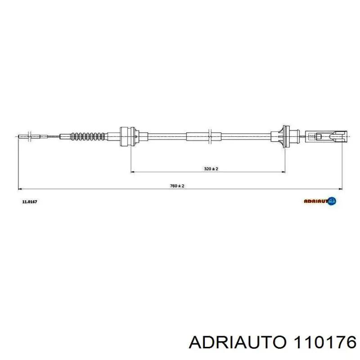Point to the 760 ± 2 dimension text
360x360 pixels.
point(178,186)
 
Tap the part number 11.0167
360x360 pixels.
point(30,202)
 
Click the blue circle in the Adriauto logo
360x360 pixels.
point(333,201)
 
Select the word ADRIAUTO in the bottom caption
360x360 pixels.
point(237,343)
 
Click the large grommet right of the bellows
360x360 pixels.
point(127,135)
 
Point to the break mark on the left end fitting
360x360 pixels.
point(28,135)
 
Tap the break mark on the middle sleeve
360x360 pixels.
point(210,135)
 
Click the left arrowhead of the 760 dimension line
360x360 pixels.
point(20,189)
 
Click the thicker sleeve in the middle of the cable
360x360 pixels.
point(203,135)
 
